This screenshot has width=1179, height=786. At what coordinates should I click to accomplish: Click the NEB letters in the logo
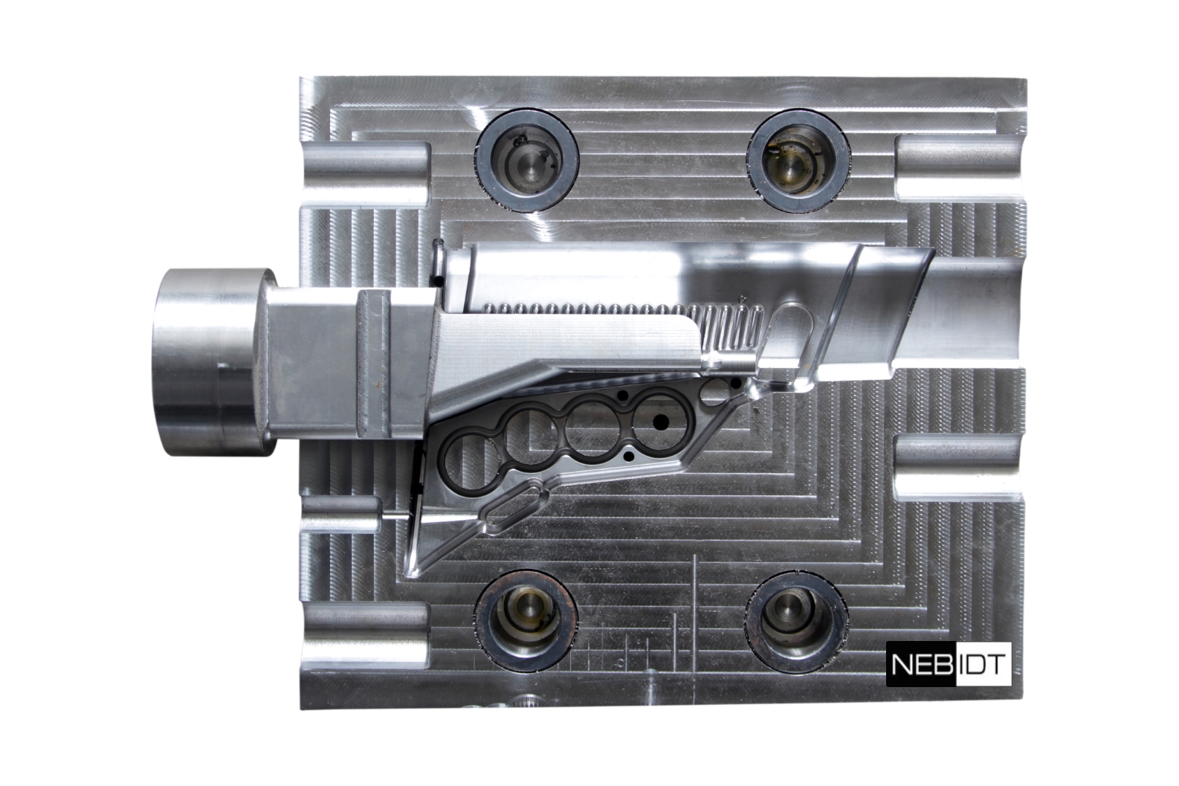click(x=922, y=664)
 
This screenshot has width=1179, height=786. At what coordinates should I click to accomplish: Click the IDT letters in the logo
click(x=982, y=664)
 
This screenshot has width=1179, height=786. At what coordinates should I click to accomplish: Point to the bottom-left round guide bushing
click(x=526, y=621)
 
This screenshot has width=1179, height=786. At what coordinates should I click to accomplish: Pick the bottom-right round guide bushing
click(x=796, y=621)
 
